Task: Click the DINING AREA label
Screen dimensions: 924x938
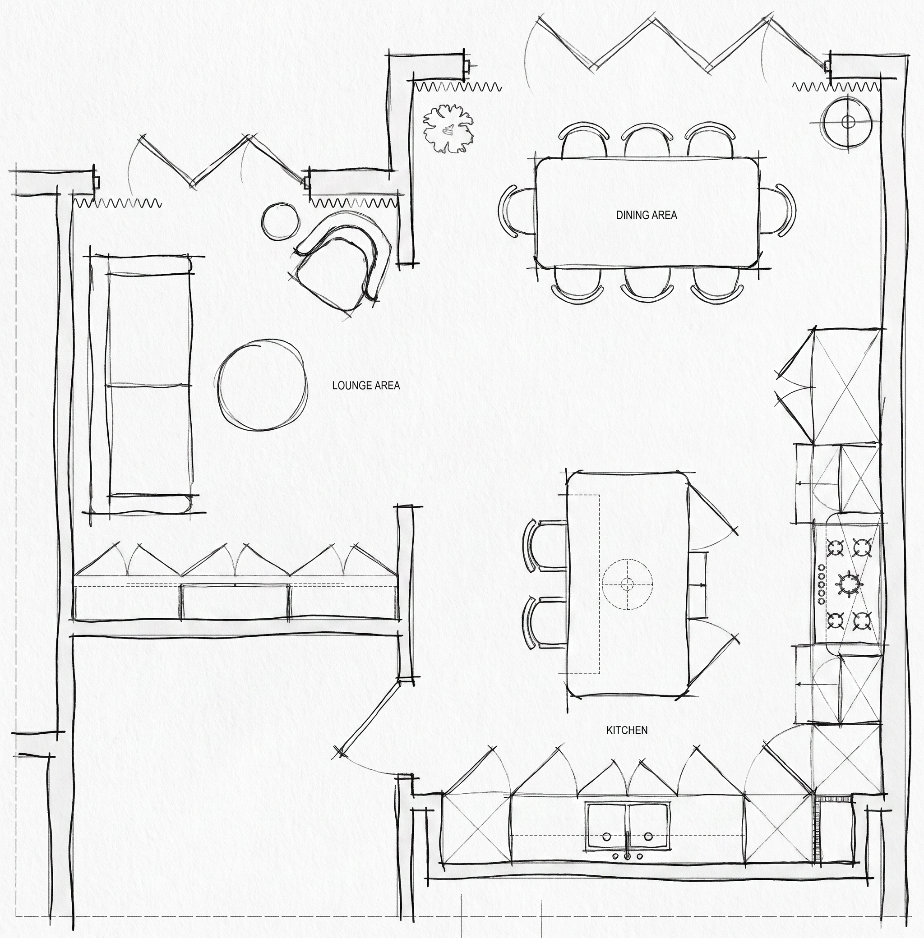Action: click(647, 215)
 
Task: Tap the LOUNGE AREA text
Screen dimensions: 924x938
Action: click(366, 386)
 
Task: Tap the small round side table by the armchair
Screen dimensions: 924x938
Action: click(280, 221)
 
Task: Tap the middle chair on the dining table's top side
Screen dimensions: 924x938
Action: click(646, 141)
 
